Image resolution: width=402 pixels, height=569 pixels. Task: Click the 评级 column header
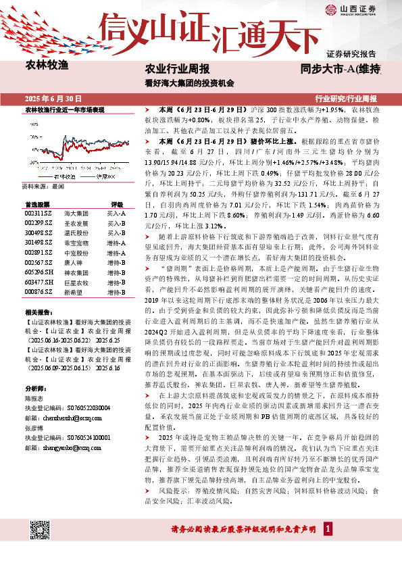pyautogui.click(x=116, y=204)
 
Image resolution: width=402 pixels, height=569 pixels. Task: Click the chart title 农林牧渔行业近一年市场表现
pyautogui.click(x=64, y=109)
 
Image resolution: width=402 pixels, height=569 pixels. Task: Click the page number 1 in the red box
pyautogui.click(x=328, y=529)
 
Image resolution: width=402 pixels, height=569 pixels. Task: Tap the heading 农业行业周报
pyautogui.click(x=177, y=69)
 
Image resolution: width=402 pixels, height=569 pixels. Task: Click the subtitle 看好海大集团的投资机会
pyautogui.click(x=189, y=83)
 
